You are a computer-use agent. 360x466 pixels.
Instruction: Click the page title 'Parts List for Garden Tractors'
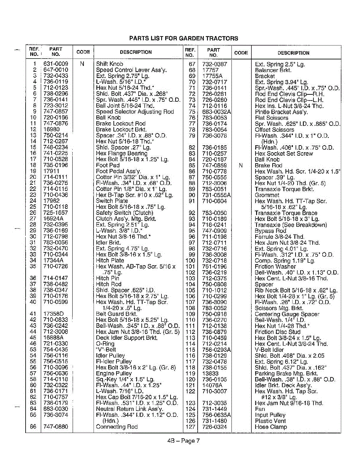coord(183,38)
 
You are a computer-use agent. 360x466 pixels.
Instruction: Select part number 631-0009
coord(56,64)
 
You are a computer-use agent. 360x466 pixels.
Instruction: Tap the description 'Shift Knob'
coord(110,64)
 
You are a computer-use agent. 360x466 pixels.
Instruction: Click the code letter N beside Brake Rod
coord(241,165)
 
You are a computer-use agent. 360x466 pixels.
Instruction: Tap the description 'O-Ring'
coord(105,344)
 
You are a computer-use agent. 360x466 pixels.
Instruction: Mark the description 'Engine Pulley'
coord(114,373)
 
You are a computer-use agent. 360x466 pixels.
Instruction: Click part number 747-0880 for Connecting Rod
coord(56,427)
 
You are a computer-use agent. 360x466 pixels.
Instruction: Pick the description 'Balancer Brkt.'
coord(273,70)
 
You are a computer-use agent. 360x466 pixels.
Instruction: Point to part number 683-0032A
coord(217,112)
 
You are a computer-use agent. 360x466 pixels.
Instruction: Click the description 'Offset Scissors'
coord(274,130)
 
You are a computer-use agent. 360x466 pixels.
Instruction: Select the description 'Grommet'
coord(267,195)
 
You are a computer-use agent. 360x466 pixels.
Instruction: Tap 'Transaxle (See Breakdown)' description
coord(290,225)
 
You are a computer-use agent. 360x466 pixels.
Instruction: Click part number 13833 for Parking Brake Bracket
coord(210,373)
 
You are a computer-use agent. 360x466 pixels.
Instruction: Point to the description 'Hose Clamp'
coord(271,427)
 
